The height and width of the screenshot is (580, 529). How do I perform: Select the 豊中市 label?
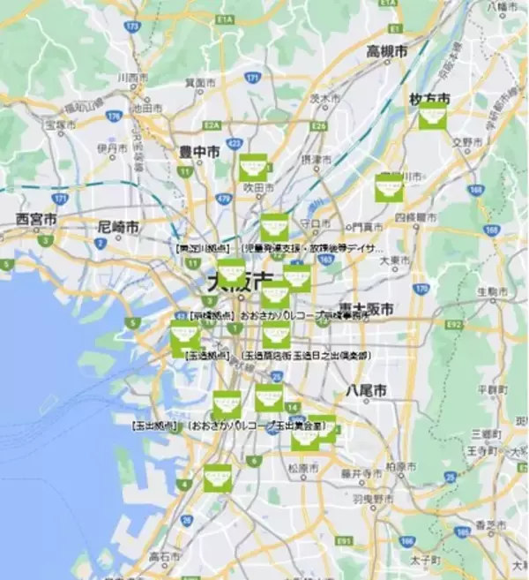coord(200,152)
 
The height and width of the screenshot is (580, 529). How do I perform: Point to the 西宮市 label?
coord(36,217)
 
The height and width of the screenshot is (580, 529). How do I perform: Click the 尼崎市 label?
coord(118,227)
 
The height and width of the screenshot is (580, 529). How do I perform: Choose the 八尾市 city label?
coord(365,389)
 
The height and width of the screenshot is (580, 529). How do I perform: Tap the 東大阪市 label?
coord(363,309)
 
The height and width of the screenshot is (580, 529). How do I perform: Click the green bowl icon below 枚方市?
coord(433,117)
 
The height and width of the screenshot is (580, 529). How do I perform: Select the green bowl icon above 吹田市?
coord(253,167)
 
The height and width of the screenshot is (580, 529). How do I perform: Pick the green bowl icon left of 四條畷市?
coord(389,187)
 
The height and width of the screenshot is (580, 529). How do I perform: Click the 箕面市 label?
coord(201,82)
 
